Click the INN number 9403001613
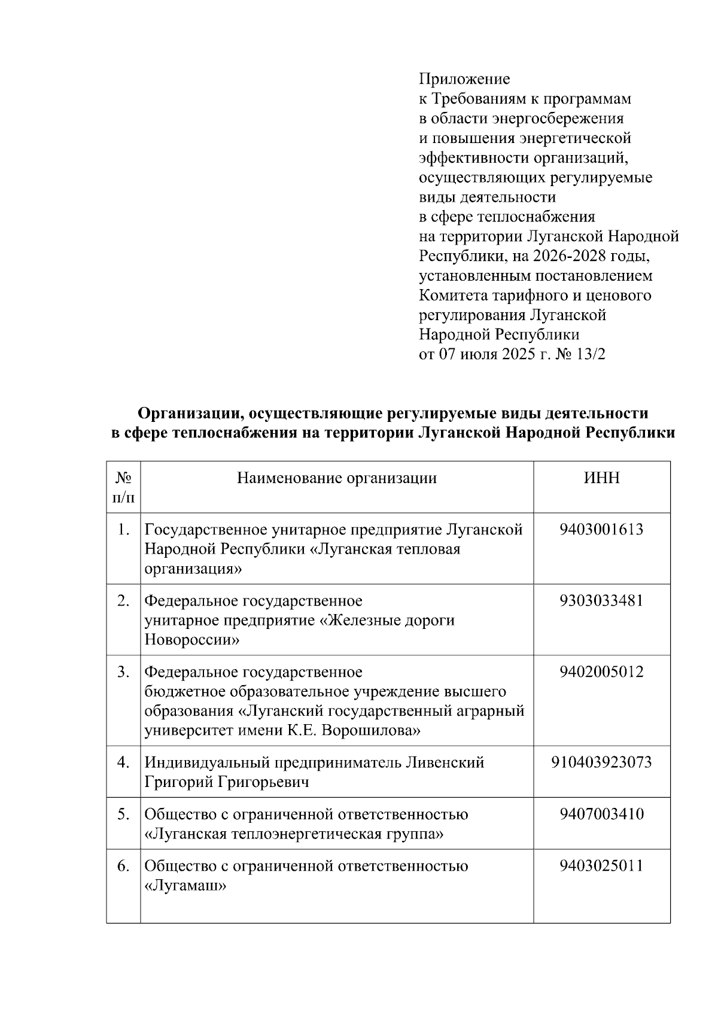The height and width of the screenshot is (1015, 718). (x=601, y=529)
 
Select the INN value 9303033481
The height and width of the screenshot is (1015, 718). (x=601, y=600)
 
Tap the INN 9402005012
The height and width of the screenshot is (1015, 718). (x=601, y=671)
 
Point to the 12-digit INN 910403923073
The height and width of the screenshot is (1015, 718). (x=601, y=762)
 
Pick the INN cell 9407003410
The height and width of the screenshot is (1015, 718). (x=601, y=814)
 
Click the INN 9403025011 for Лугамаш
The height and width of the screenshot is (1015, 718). (x=601, y=866)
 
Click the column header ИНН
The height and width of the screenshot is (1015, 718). (x=601, y=478)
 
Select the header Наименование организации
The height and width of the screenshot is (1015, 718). (x=337, y=478)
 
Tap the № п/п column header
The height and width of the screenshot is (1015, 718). (x=123, y=487)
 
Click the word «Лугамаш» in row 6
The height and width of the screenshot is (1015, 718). (x=185, y=886)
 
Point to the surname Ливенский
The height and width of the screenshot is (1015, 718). (x=445, y=762)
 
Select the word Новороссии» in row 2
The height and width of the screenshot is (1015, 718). (x=192, y=640)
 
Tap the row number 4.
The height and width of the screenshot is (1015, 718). (x=123, y=762)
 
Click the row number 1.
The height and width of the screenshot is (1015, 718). (x=123, y=529)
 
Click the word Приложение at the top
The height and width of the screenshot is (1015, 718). (x=464, y=79)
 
